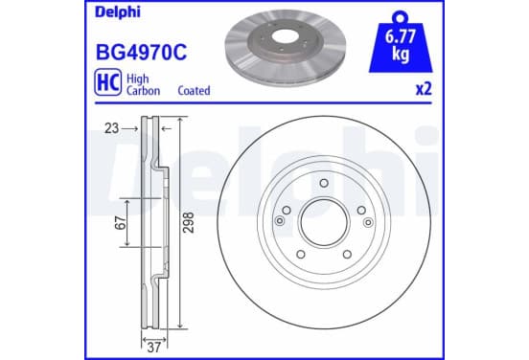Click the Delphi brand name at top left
(118, 12)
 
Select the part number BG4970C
(142, 53)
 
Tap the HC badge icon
(108, 82)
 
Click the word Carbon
(143, 91)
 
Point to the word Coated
(194, 91)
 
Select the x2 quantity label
(424, 89)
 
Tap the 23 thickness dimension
(112, 128)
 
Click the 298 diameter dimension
(189, 222)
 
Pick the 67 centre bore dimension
(121, 223)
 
